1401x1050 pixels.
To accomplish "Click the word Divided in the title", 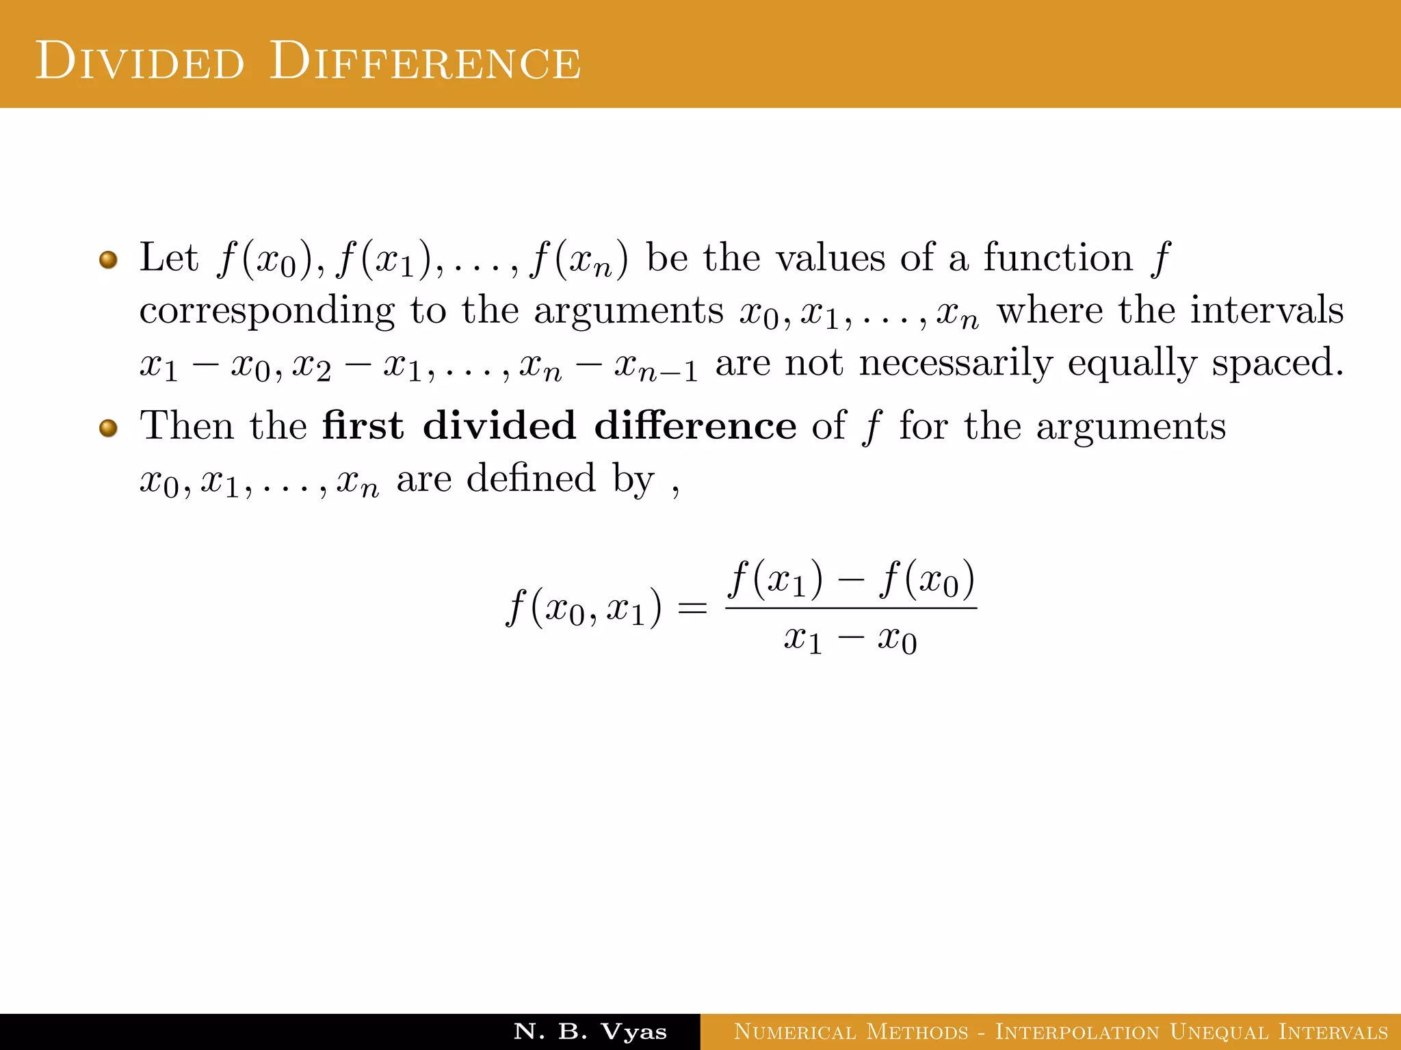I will click(x=140, y=62).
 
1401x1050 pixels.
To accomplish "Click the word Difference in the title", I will click(x=425, y=62).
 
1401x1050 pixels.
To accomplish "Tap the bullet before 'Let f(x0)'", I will click(x=108, y=260).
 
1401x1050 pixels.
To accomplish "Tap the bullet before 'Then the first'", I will click(x=108, y=428).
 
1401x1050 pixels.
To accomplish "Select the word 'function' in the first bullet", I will click(x=1058, y=258).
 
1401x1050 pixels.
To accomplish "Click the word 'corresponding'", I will click(x=267, y=312).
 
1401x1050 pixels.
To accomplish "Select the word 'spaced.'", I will click(x=1277, y=363).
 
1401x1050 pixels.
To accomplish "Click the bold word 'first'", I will click(x=363, y=426).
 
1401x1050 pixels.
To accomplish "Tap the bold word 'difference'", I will click(x=695, y=426).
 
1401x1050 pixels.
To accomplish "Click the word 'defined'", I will click(x=531, y=478).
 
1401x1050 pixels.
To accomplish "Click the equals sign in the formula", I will click(x=692, y=607).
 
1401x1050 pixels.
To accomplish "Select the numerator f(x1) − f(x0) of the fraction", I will click(x=851, y=580).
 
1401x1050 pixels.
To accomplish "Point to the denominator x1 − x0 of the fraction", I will click(x=850, y=640).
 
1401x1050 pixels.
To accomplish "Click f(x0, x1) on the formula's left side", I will click(x=584, y=608).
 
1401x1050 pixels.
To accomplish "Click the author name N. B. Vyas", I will click(x=590, y=1032).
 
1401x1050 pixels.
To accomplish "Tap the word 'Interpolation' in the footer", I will click(x=1077, y=1032).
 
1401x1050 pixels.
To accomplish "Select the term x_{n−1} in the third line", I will click(x=655, y=365).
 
